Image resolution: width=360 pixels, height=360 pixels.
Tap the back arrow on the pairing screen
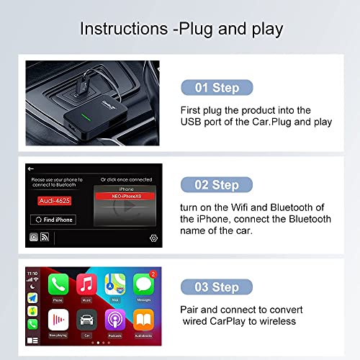pos(30,169)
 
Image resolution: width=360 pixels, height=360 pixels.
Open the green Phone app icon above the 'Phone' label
pos(58,283)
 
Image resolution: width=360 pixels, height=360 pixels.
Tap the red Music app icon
pos(86,283)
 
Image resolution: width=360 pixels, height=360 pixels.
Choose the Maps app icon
pos(114,283)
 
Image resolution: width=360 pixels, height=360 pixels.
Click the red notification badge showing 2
pos(153,274)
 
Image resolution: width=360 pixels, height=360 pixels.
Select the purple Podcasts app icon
pos(114,320)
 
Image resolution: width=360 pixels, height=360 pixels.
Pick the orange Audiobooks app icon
pos(143,320)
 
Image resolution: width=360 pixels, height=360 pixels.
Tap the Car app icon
pos(86,320)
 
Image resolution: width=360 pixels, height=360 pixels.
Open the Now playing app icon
pos(58,320)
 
